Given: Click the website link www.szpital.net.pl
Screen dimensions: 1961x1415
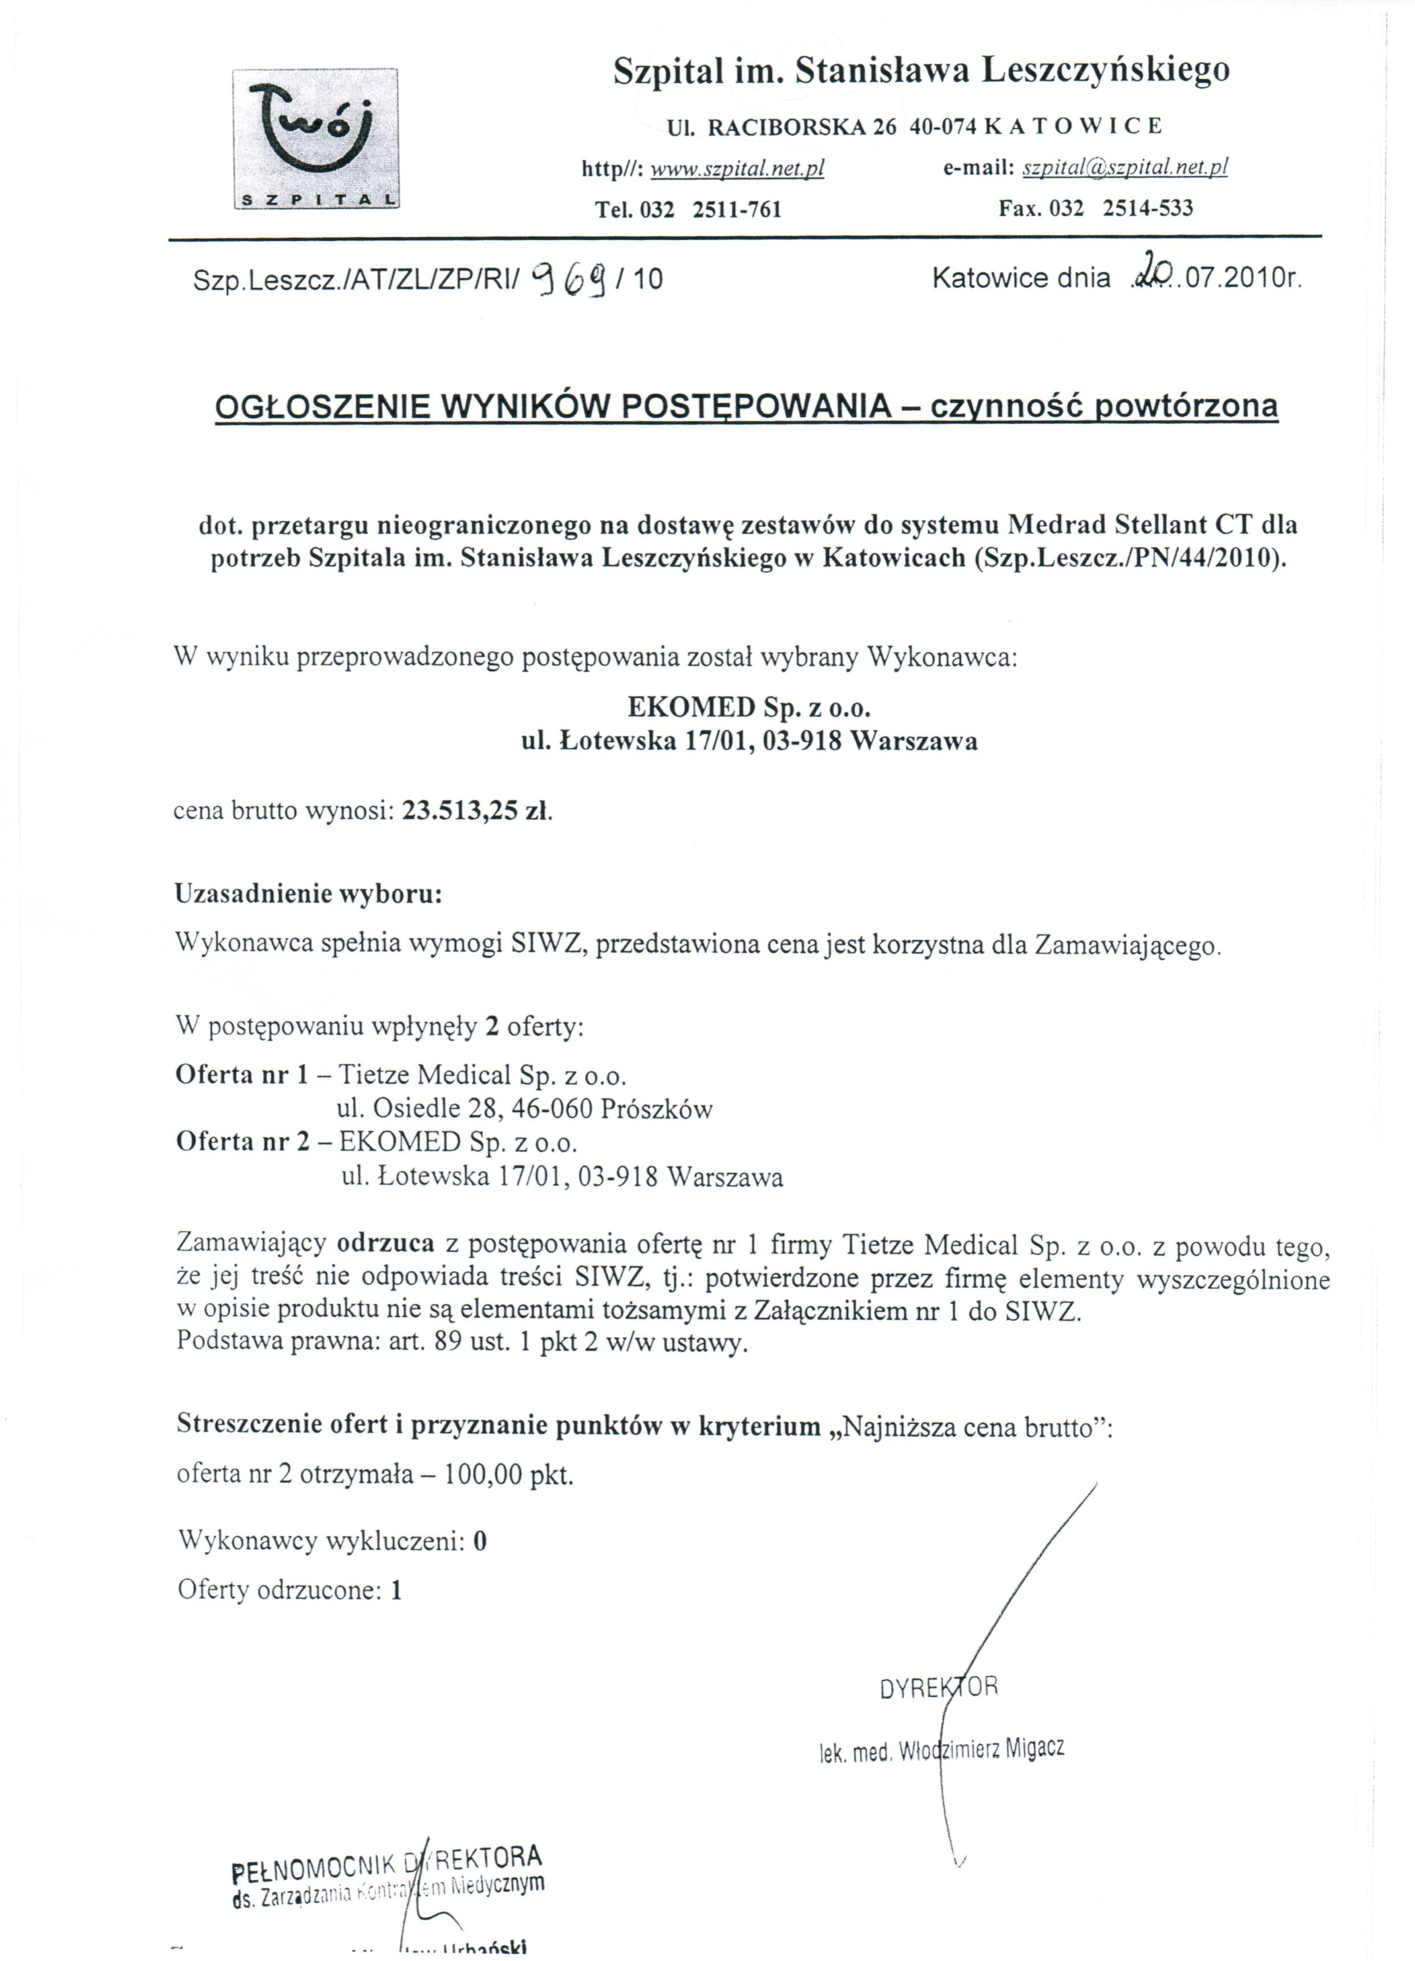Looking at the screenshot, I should pyautogui.click(x=737, y=169).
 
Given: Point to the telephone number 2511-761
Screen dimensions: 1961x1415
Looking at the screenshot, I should pyautogui.click(x=737, y=210).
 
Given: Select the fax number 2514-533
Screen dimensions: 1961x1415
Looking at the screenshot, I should pyautogui.click(x=1148, y=208).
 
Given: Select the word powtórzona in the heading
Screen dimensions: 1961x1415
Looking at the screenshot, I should pyautogui.click(x=1187, y=406).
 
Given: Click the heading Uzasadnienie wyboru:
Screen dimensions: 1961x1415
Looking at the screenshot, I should pyautogui.click(x=309, y=893).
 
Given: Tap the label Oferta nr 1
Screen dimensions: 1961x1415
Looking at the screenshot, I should pyautogui.click(x=241, y=1075).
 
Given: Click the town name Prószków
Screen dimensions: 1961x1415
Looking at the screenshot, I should pyautogui.click(x=657, y=1109).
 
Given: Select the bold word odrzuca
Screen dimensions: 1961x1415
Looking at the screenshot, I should pyautogui.click(x=385, y=1243).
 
